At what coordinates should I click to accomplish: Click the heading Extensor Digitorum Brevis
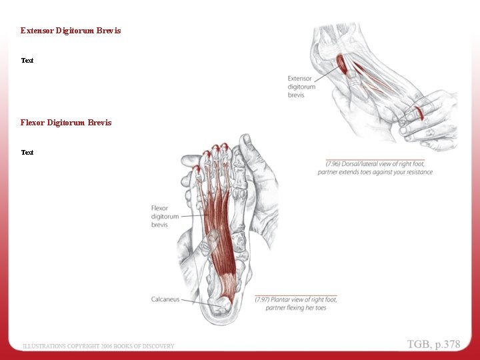(x=71, y=31)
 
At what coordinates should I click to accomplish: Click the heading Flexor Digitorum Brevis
(x=66, y=123)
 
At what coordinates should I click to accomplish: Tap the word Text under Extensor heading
(x=27, y=61)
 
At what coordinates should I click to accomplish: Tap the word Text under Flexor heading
(x=27, y=153)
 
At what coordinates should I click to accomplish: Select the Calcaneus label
(x=165, y=299)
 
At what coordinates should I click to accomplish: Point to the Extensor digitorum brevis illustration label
(x=301, y=87)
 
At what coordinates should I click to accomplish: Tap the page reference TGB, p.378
(x=433, y=344)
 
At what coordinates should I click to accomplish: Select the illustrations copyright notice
(x=99, y=346)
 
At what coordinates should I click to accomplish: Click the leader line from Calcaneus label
(x=197, y=301)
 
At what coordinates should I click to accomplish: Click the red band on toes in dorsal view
(x=418, y=110)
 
